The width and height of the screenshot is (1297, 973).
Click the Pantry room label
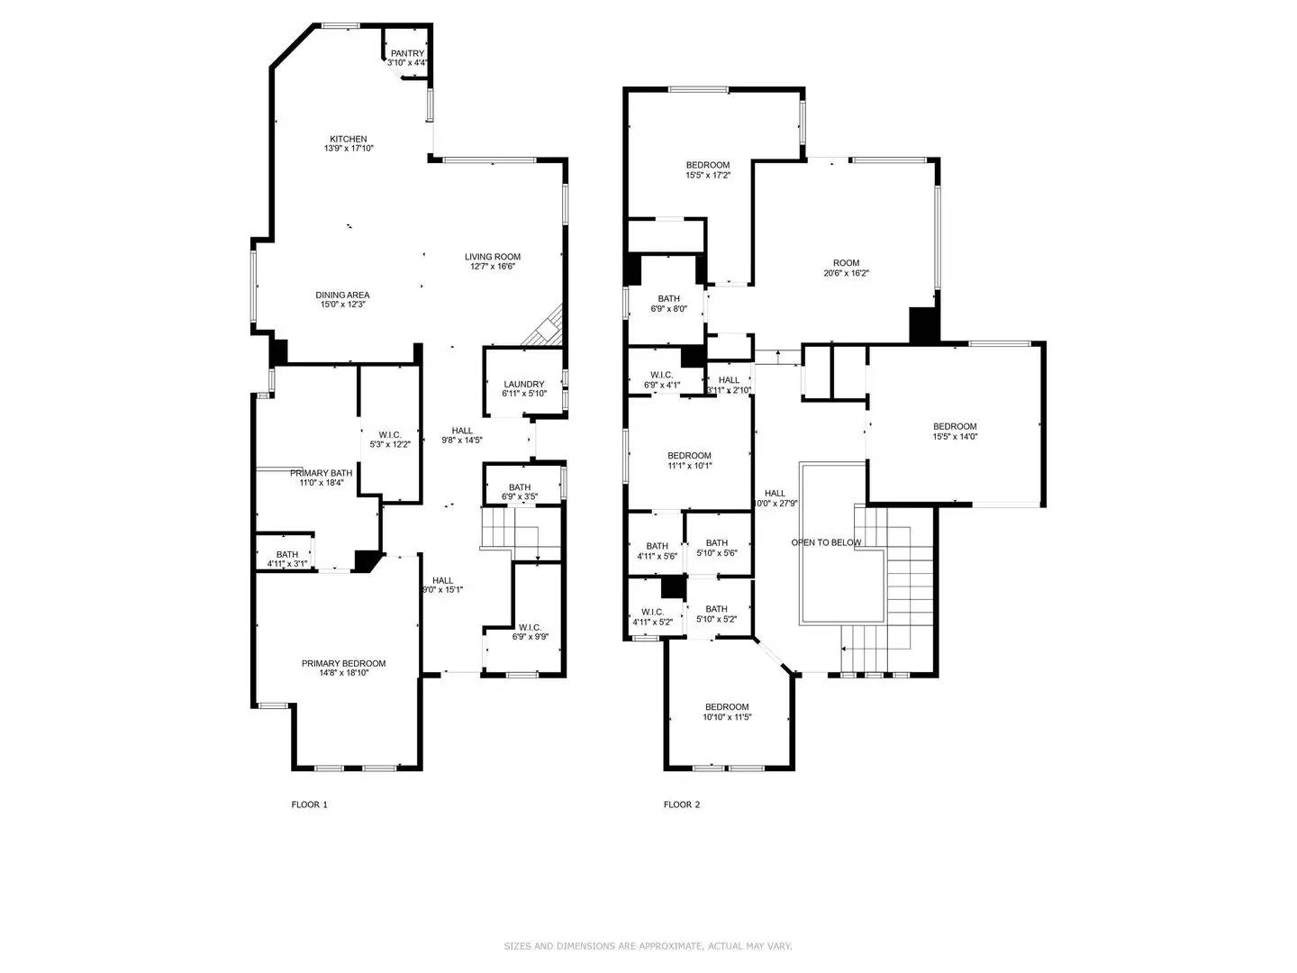(406, 54)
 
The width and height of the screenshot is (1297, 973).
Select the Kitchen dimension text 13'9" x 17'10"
(348, 149)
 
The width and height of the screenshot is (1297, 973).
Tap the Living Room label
(493, 257)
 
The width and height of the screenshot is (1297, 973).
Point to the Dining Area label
(342, 296)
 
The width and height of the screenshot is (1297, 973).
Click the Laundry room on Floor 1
(523, 385)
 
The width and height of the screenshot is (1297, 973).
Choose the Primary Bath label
(321, 473)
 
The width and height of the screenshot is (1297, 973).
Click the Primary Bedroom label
(343, 664)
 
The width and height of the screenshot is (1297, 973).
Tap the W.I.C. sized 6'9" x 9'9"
(530, 628)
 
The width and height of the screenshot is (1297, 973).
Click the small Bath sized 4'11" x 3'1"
(286, 555)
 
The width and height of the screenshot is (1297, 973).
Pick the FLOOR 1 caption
(309, 805)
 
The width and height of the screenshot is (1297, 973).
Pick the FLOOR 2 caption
(681, 805)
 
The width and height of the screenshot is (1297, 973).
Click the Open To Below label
(826, 542)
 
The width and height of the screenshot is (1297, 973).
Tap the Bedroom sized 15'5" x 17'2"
(708, 165)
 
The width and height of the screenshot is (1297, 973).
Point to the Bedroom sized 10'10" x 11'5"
(727, 707)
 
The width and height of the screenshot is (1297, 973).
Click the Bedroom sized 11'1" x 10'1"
(689, 456)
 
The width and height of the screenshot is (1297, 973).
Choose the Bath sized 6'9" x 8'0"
(668, 298)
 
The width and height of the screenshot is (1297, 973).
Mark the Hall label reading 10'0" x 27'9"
(775, 494)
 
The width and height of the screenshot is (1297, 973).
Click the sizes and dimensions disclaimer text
(648, 946)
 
